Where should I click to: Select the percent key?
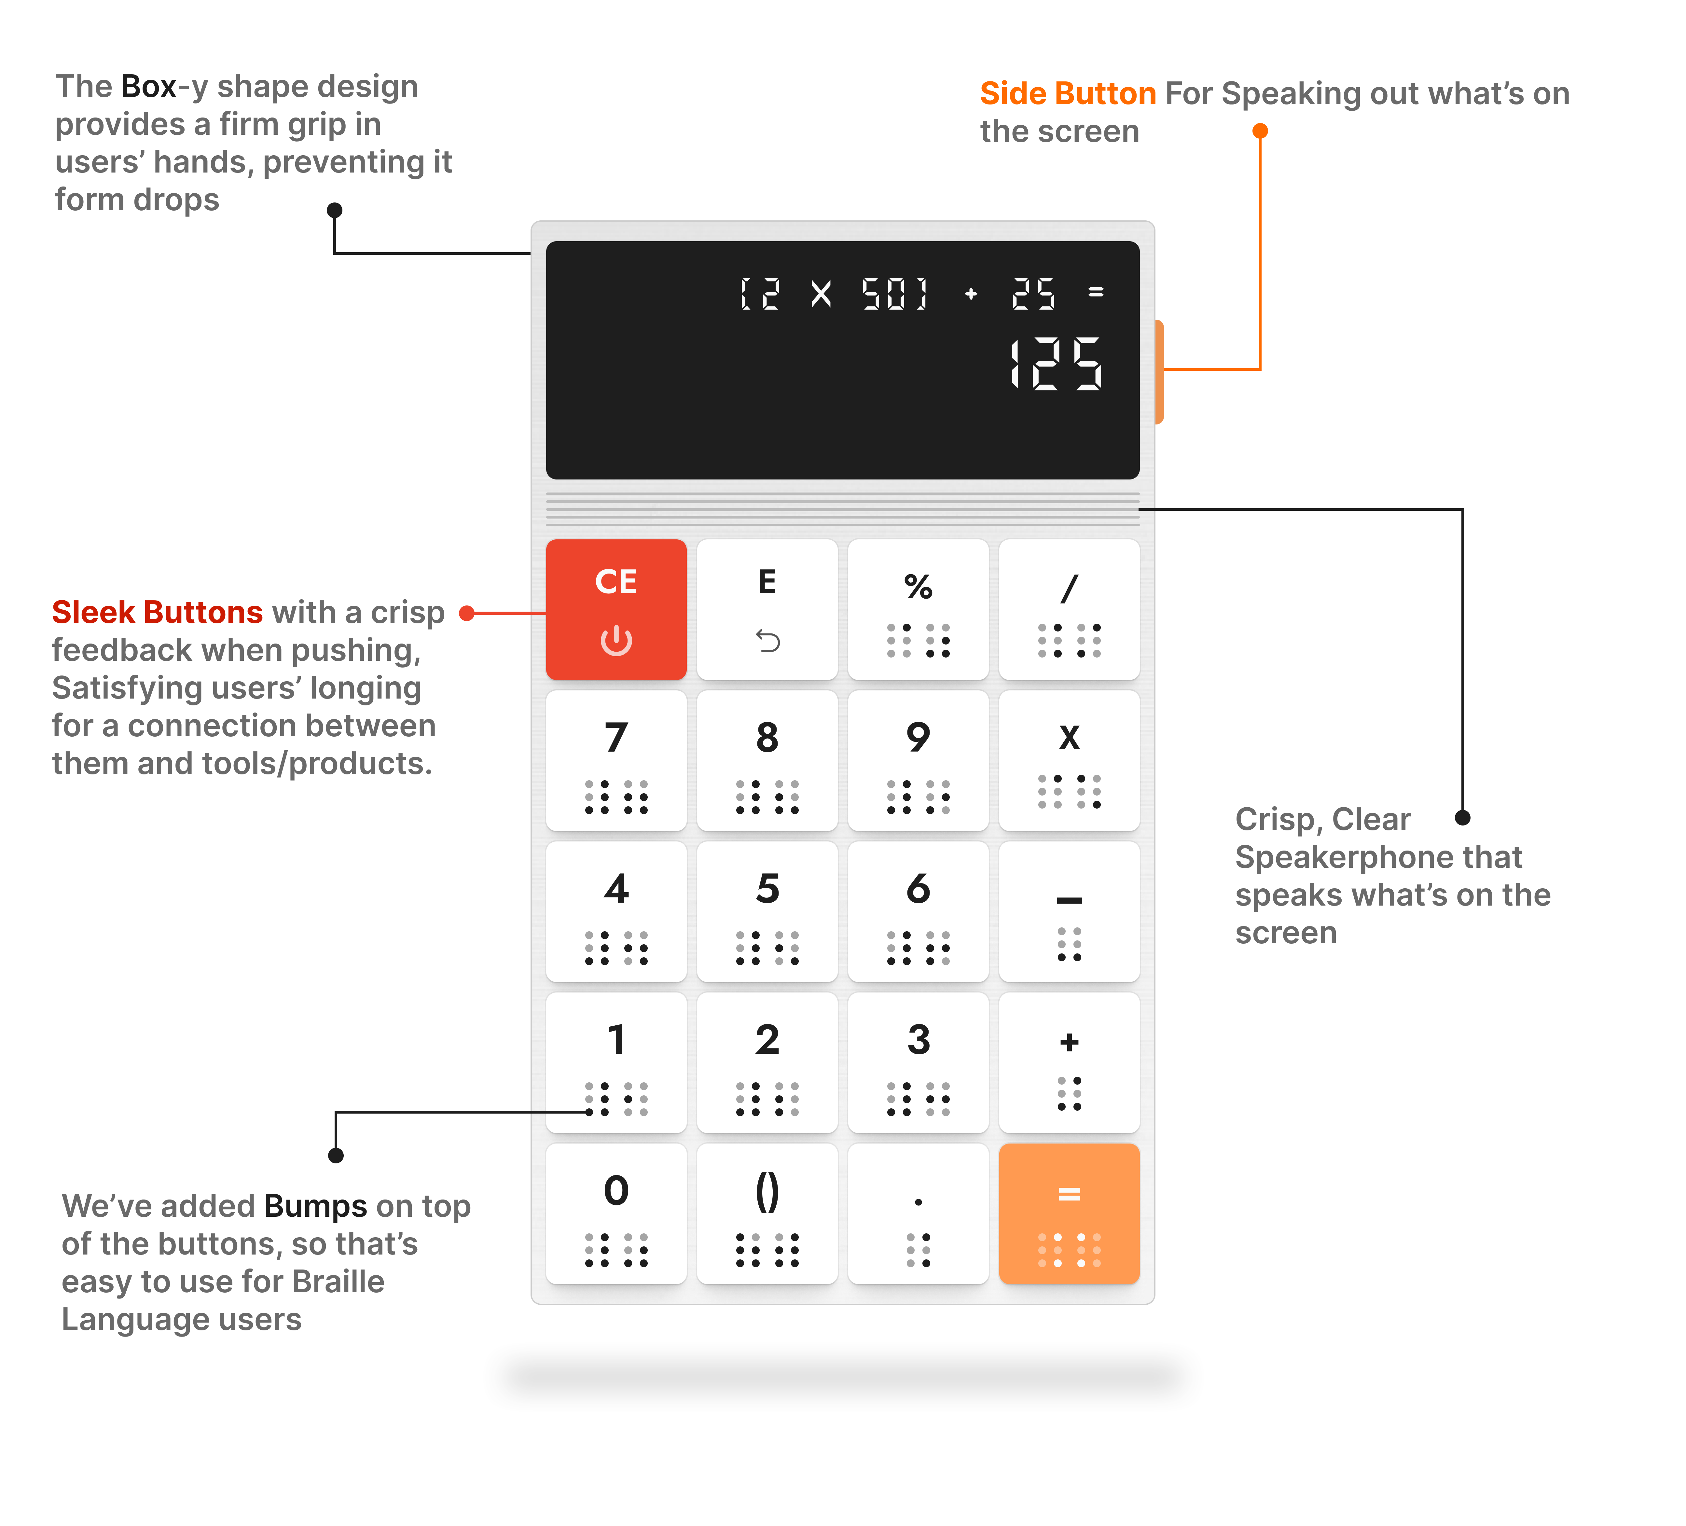point(918,610)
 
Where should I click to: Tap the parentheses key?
point(767,1213)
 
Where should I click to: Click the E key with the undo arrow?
point(767,610)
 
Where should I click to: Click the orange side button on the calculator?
point(1159,371)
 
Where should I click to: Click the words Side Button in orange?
point(1068,94)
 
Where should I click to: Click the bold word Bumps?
point(315,1207)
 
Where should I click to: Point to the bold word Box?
point(149,86)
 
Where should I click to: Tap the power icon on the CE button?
point(616,641)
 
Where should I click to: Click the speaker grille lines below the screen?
point(842,508)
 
